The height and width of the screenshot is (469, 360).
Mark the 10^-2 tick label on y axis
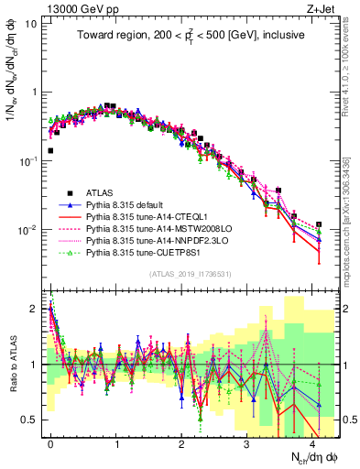click(29, 229)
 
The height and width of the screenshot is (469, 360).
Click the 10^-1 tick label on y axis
click(29, 160)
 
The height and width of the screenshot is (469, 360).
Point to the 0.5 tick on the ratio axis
click(29, 420)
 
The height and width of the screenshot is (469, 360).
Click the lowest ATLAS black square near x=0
click(50, 150)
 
